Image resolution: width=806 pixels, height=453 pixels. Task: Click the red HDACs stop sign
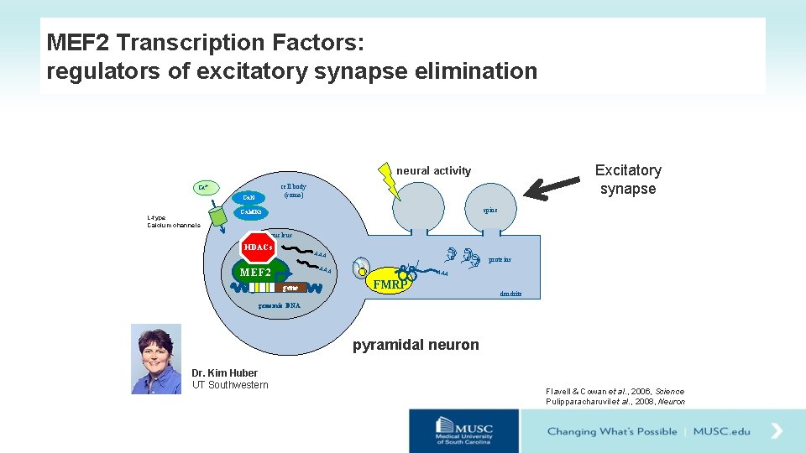[x=258, y=247]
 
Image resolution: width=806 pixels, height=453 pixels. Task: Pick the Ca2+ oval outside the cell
[x=204, y=186]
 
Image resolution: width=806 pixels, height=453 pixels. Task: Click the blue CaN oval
[x=249, y=197]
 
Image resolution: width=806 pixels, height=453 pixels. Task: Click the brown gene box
[x=290, y=288]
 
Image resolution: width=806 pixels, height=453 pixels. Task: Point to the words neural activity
[x=434, y=170]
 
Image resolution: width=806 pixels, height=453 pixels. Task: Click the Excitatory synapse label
[x=628, y=180]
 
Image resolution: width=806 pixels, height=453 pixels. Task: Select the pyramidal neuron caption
[x=416, y=345]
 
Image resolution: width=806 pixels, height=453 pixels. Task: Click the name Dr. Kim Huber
[x=224, y=372]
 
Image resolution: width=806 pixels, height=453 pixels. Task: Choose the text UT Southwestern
[x=230, y=385]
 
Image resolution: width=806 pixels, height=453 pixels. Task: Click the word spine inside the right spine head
[x=489, y=210]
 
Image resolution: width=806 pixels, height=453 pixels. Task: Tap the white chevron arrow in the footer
[x=777, y=431]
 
